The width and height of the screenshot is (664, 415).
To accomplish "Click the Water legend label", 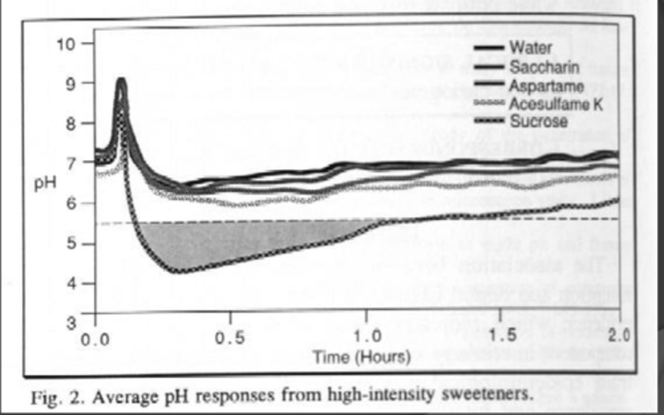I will tap(530, 47).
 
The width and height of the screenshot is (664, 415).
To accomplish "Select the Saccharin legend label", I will tap(544, 67).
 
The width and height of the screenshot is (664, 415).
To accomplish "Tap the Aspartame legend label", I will tap(546, 86).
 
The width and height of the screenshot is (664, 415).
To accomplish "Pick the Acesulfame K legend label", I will tap(556, 104).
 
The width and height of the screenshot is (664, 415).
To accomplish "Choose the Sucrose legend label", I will tap(539, 122).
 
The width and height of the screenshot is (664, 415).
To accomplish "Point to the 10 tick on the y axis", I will tap(65, 44).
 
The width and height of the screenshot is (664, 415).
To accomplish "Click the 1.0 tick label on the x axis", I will tap(367, 337).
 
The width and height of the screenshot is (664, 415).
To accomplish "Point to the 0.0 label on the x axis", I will tap(95, 340).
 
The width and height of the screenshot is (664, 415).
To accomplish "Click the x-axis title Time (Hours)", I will tap(362, 357).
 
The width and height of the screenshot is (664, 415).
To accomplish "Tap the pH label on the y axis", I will tap(45, 183).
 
